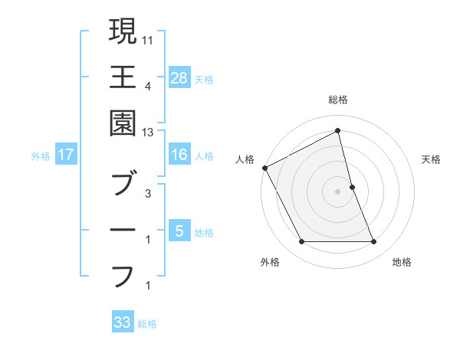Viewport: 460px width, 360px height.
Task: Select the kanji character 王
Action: [x=123, y=77]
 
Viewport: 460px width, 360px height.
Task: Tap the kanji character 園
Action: [x=123, y=123]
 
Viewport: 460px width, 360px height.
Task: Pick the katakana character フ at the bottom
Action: [x=123, y=276]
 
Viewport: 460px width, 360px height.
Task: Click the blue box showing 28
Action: [x=179, y=77]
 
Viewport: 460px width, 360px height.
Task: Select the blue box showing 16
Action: [x=179, y=155]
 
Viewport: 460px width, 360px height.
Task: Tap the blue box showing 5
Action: [x=179, y=231]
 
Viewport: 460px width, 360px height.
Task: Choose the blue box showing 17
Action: [x=66, y=155]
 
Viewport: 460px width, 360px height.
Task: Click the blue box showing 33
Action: [x=123, y=322]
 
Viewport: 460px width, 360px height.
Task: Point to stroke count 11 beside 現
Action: [x=149, y=38]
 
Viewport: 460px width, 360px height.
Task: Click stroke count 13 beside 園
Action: [x=149, y=133]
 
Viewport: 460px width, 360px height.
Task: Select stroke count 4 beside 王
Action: [x=147, y=87]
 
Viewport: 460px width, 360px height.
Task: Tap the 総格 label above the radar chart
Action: [x=338, y=100]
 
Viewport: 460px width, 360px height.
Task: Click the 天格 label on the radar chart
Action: [x=432, y=159]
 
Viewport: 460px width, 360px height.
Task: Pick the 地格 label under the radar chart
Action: [x=402, y=262]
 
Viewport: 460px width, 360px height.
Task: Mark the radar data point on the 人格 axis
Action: [x=264, y=167]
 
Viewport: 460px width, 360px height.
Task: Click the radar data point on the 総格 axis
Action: [x=338, y=131]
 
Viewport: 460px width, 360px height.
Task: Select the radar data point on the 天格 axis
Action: [x=352, y=187]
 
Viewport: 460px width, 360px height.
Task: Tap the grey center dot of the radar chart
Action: [x=338, y=191]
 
